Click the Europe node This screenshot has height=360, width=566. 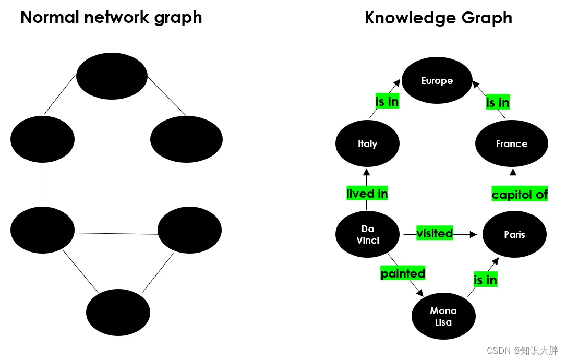[437, 81]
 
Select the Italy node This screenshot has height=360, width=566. [367, 144]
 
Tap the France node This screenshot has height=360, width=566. [511, 144]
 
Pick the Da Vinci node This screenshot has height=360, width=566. [367, 235]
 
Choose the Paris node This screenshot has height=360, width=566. [514, 235]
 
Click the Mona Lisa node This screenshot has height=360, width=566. [443, 316]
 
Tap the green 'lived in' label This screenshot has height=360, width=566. [367, 194]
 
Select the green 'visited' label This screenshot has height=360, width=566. [435, 233]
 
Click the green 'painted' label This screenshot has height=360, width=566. [403, 273]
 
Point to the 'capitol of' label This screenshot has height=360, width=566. [520, 195]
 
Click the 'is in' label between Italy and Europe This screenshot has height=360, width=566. [387, 102]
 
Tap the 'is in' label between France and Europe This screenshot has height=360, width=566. [498, 103]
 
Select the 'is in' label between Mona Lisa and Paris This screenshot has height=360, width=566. [485, 280]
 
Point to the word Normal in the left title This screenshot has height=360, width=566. [50, 17]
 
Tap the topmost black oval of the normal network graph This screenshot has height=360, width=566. [112, 76]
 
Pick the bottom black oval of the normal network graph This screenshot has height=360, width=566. [118, 312]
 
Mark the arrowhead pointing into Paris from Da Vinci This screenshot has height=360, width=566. [474, 235]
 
